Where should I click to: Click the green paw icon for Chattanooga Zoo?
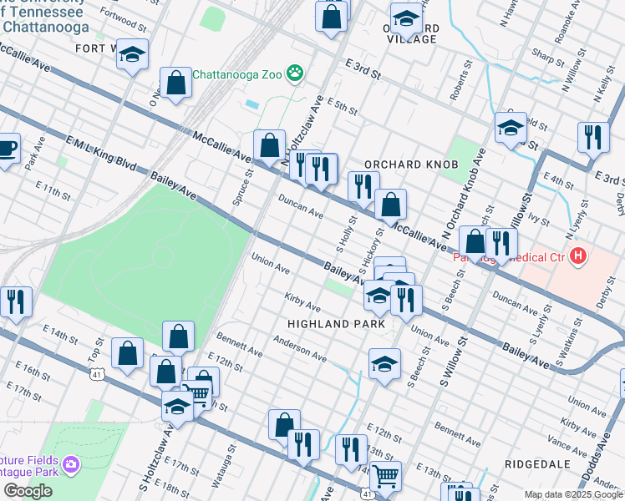pyautogui.click(x=295, y=73)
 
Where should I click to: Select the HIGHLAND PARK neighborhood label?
pyautogui.click(x=336, y=323)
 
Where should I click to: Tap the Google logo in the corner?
pyautogui.click(x=28, y=491)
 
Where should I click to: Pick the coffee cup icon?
pyautogui.click(x=7, y=149)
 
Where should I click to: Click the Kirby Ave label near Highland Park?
pyautogui.click(x=302, y=302)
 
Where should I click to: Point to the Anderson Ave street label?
pyautogui.click(x=297, y=346)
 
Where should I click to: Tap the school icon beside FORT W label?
pyautogui.click(x=132, y=55)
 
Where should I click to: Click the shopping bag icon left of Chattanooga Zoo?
pyautogui.click(x=175, y=83)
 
